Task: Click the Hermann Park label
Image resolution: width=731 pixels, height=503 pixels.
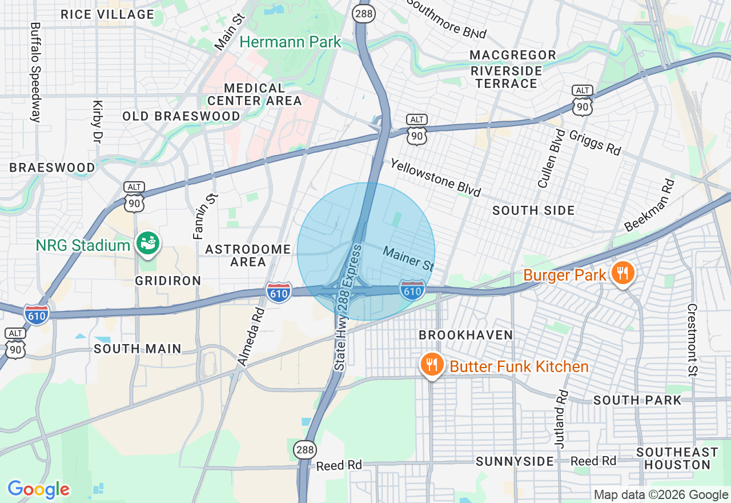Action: (290, 42)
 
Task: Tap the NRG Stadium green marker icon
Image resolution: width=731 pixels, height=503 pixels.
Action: (148, 243)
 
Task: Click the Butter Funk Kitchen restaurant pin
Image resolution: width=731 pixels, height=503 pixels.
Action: (432, 365)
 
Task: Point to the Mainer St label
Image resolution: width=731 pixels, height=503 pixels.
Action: (408, 258)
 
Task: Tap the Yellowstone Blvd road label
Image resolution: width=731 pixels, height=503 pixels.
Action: (436, 177)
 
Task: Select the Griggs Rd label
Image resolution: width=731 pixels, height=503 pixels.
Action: (595, 142)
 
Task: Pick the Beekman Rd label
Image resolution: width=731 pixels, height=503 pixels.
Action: (649, 205)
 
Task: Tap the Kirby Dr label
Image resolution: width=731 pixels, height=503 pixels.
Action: (97, 122)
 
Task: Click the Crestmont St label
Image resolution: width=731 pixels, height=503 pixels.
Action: (692, 340)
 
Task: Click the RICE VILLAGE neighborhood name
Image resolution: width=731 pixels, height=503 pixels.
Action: (107, 14)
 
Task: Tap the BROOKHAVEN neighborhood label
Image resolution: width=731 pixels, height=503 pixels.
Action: (466, 334)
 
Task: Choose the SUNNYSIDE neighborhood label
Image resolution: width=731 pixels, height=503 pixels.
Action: (515, 461)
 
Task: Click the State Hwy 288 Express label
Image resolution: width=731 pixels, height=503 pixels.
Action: (348, 308)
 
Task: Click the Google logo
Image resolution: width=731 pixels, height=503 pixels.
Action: (38, 489)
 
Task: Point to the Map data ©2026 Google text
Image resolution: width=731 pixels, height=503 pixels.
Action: (661, 495)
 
